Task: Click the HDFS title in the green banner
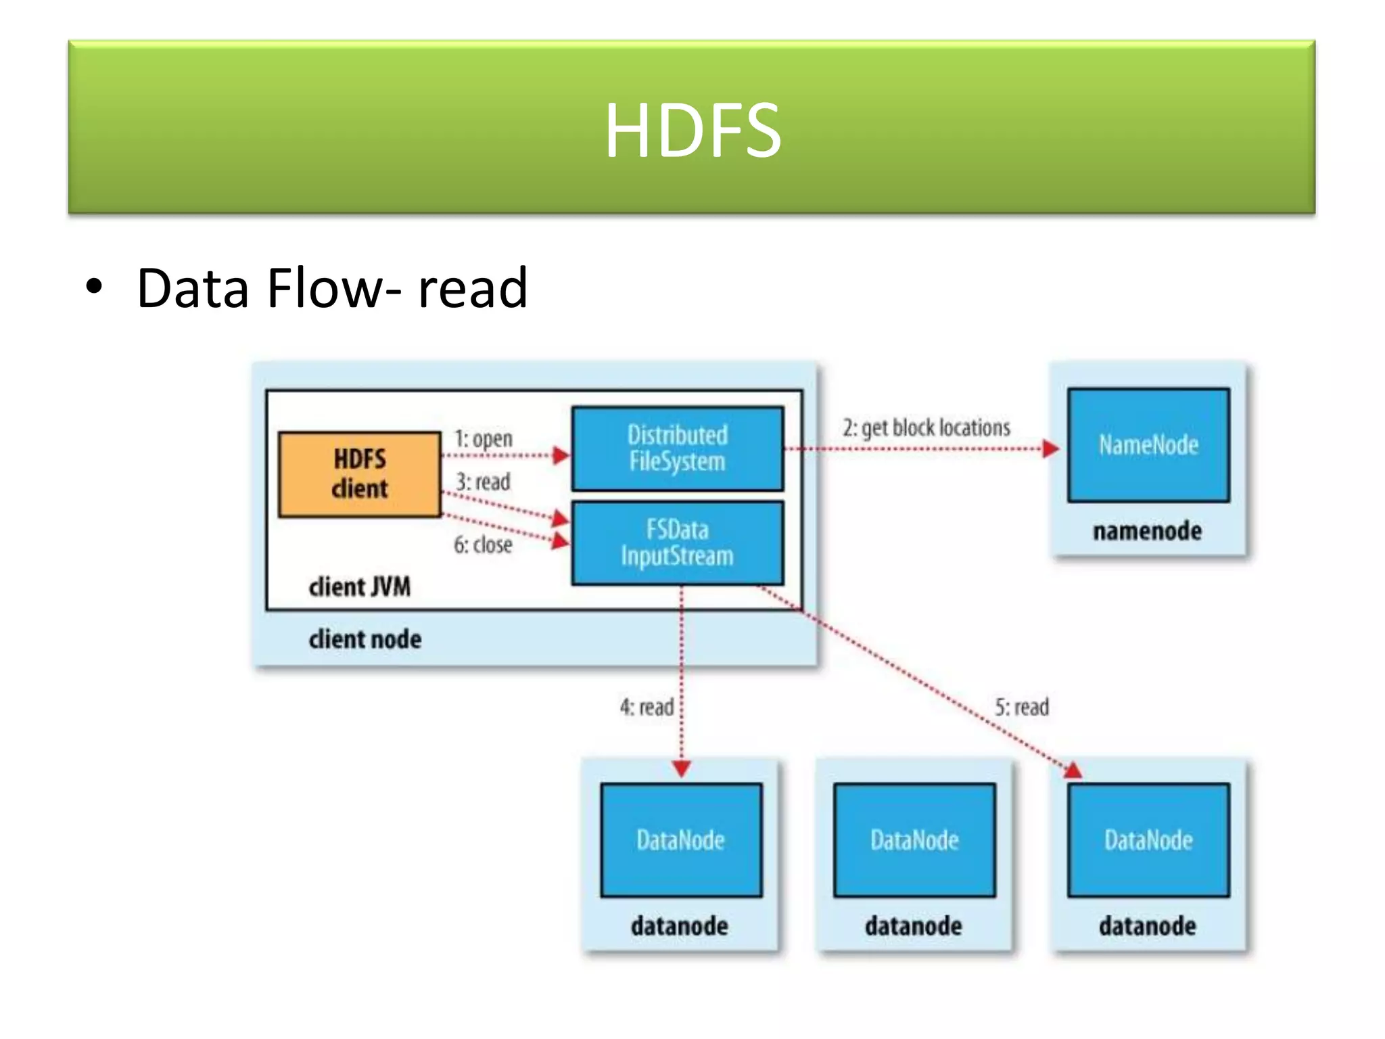(x=692, y=130)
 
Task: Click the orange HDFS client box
(x=360, y=474)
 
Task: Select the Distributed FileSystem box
(x=678, y=448)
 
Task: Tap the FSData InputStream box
(x=678, y=542)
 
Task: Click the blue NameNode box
(x=1148, y=444)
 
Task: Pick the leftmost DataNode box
(x=681, y=840)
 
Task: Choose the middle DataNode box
(x=914, y=840)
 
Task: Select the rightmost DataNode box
(x=1148, y=840)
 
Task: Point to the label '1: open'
(x=484, y=438)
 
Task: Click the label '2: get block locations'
(x=926, y=428)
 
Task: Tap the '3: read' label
(x=483, y=482)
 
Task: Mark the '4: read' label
(x=647, y=707)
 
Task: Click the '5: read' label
(x=1022, y=707)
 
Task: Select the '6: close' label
(x=483, y=545)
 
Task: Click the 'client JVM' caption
(x=360, y=586)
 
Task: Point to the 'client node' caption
(x=365, y=639)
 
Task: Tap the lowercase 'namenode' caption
(x=1148, y=531)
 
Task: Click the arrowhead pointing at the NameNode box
(x=1050, y=448)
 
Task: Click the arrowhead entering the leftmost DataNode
(x=682, y=769)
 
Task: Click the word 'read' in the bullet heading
(x=473, y=289)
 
